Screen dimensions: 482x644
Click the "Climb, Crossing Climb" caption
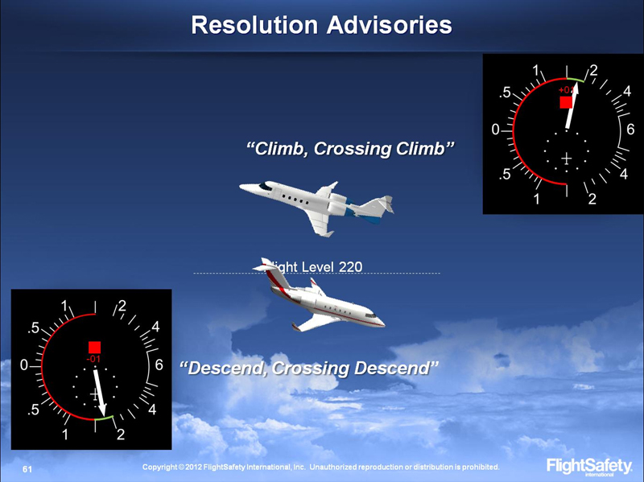coord(350,149)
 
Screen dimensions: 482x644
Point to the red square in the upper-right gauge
coord(566,102)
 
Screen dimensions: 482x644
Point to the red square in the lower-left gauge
coord(94,347)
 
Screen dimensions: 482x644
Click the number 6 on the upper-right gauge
coord(630,129)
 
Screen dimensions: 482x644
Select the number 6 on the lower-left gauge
coord(159,365)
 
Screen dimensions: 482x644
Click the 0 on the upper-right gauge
coord(497,129)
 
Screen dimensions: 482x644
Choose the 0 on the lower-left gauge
coord(25,365)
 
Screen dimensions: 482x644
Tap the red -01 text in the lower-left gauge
coord(93,358)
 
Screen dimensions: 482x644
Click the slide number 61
coord(27,468)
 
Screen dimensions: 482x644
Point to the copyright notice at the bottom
coord(320,467)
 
